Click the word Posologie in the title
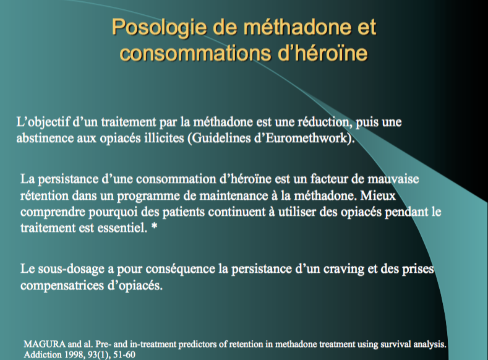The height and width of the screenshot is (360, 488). tap(159, 28)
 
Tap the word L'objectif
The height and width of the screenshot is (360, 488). tap(43, 122)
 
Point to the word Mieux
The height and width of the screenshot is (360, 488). tap(378, 195)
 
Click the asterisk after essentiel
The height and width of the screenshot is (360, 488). tap(154, 226)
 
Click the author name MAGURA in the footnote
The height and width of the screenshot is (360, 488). tap(45, 344)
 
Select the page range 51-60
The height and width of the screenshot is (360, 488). tap(124, 354)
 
